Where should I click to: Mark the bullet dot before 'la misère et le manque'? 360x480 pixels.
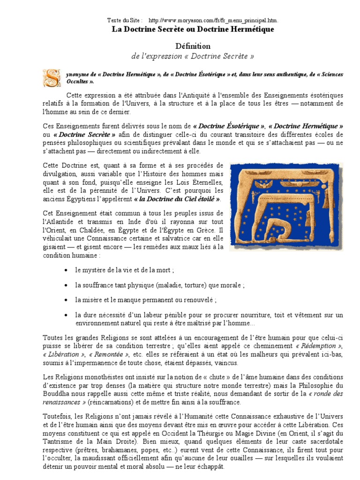65,299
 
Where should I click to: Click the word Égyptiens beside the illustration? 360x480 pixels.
82,198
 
